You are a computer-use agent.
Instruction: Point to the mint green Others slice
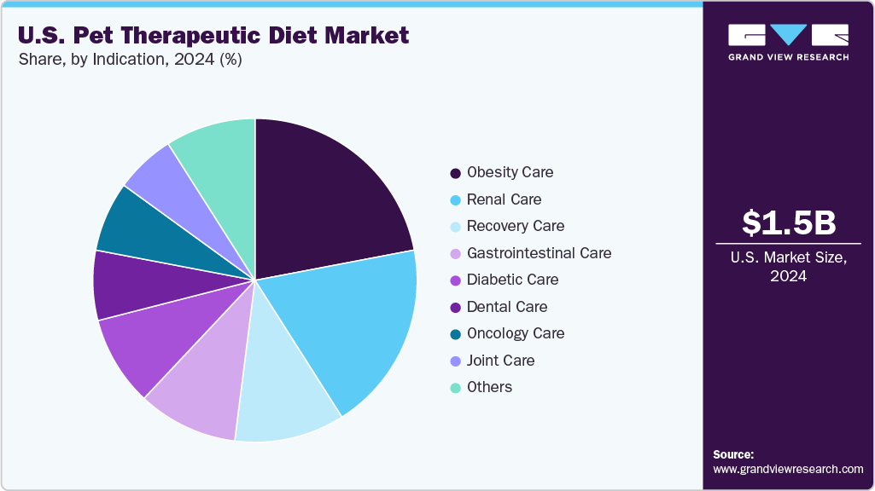[x=218, y=158]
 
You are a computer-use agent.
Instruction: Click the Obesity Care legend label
[x=510, y=172]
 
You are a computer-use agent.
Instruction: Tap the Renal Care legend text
[x=504, y=199]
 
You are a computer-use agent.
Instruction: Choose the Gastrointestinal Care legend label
[x=539, y=253]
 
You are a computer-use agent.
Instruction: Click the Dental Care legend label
[x=507, y=307]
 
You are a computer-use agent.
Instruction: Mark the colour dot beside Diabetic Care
[x=456, y=280]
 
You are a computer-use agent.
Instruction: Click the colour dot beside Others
[x=456, y=388]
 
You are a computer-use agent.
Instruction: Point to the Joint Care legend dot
[x=456, y=361]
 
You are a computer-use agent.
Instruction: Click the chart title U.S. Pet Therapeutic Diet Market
[x=213, y=36]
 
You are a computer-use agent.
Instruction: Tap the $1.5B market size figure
[x=788, y=222]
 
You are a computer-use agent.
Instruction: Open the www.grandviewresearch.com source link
[x=788, y=469]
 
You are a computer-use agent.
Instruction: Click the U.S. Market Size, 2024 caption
[x=788, y=267]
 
